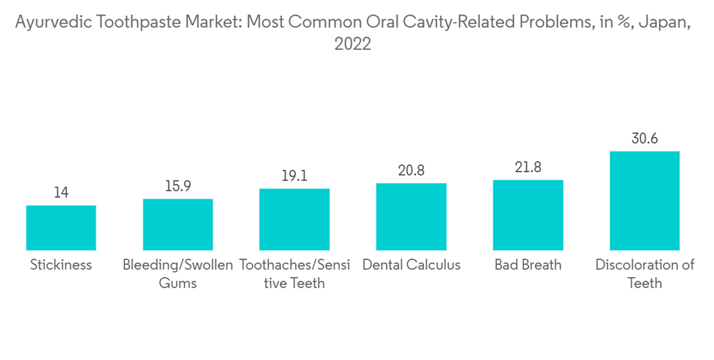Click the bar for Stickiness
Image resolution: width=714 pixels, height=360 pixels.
pyautogui.click(x=61, y=227)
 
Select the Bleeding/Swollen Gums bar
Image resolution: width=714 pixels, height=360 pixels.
pyautogui.click(x=178, y=224)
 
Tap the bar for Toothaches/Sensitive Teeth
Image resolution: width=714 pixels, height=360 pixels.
pyautogui.click(x=294, y=219)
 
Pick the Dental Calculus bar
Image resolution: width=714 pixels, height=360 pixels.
pyautogui.click(x=411, y=216)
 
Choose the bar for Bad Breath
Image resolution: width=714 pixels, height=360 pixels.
pyautogui.click(x=528, y=214)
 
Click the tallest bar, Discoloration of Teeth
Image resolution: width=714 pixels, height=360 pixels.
pyautogui.click(x=644, y=200)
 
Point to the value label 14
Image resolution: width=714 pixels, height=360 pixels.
pyautogui.click(x=61, y=193)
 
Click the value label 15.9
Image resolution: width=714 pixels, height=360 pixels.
pyautogui.click(x=178, y=186)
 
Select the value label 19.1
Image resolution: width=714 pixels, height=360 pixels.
pyautogui.click(x=294, y=176)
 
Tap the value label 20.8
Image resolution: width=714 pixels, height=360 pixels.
pyautogui.click(x=411, y=171)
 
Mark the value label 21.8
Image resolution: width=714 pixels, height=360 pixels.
pyautogui.click(x=528, y=167)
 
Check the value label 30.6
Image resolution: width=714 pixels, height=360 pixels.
pyautogui.click(x=644, y=139)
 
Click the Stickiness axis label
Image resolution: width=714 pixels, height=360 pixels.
pyautogui.click(x=61, y=265)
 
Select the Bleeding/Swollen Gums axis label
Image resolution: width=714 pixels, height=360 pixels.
pyautogui.click(x=178, y=274)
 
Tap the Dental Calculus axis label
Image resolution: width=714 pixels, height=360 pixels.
pyautogui.click(x=411, y=265)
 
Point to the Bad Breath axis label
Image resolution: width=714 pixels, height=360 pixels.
pyautogui.click(x=528, y=265)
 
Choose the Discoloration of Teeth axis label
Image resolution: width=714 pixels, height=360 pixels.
pyautogui.click(x=644, y=274)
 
